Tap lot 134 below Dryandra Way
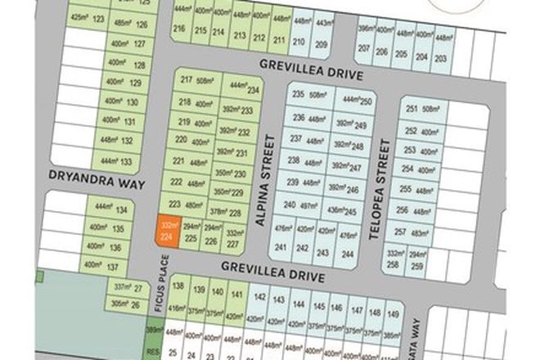click(110, 210)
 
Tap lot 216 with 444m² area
click(180, 22)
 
